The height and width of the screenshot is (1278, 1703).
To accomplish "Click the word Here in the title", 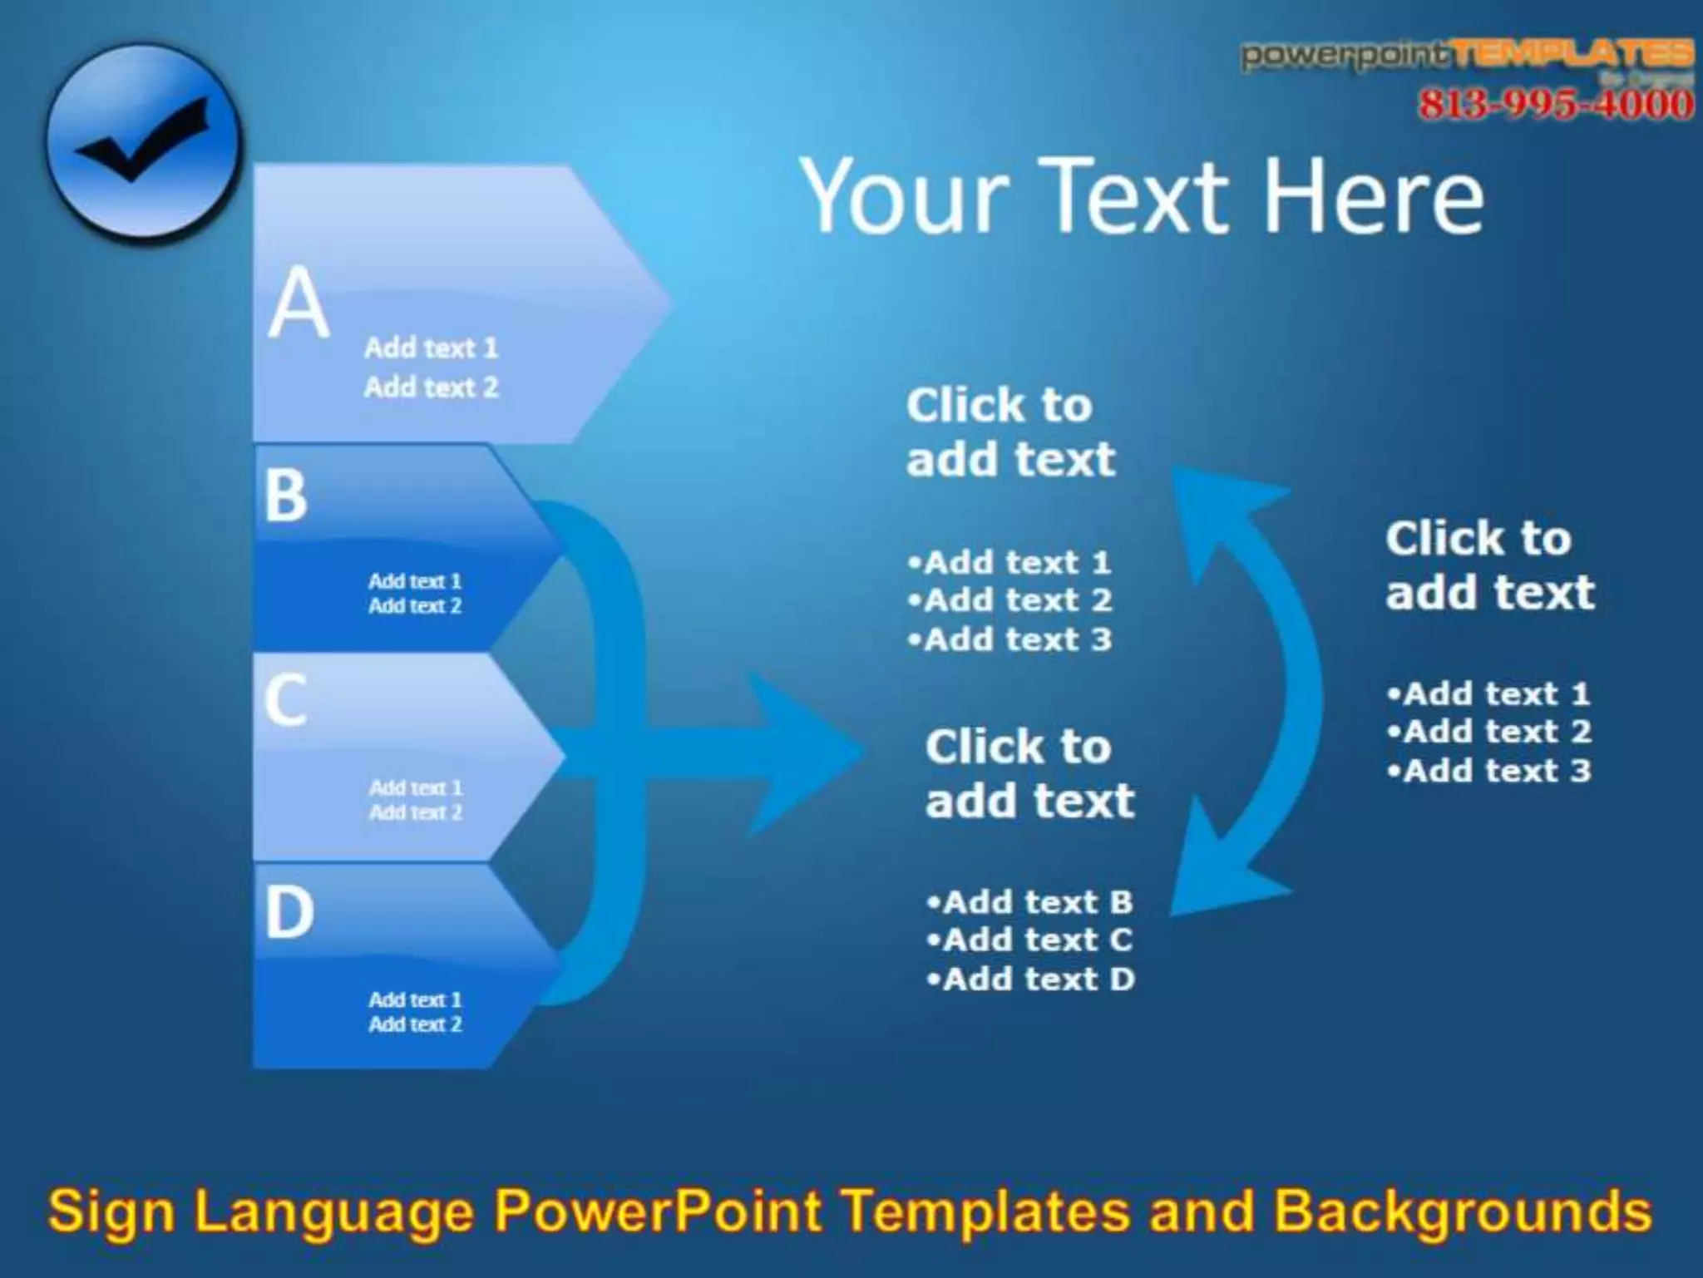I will click(1372, 197).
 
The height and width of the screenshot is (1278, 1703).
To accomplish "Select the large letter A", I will click(299, 303).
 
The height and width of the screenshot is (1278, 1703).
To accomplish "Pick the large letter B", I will click(286, 496).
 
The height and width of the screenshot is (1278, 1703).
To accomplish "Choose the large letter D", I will click(289, 912).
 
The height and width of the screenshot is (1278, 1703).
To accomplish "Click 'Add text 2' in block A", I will click(431, 387).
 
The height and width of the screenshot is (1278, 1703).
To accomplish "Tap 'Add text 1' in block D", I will click(415, 999).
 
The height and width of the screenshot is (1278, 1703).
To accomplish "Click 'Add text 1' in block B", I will click(415, 581).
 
